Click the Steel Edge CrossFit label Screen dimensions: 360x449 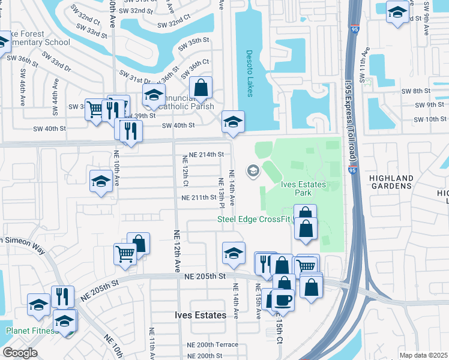[x=255, y=219]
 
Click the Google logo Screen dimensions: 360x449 [x=20, y=353]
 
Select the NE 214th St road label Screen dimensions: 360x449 [x=206, y=155]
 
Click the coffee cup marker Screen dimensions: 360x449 [x=283, y=299]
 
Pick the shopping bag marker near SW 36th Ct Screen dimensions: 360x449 [x=201, y=88]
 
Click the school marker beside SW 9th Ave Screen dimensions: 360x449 [x=397, y=13]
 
